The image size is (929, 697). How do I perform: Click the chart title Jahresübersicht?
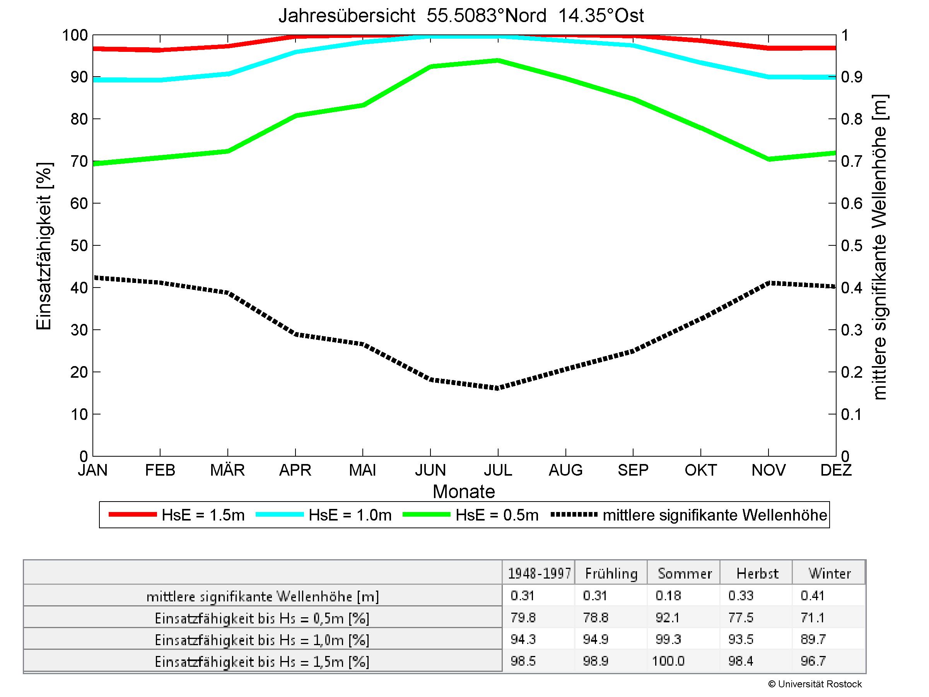tap(461, 16)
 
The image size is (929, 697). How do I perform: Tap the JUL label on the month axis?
tap(498, 470)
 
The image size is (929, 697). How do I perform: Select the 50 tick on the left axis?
tap(79, 245)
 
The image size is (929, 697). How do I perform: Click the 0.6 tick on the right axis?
tap(852, 203)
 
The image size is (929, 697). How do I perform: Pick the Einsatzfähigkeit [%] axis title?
tap(44, 246)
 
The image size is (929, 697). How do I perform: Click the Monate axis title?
tap(464, 491)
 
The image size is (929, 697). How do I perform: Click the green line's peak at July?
tap(498, 60)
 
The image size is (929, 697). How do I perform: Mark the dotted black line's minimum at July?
tap(498, 388)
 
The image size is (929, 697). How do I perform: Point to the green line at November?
tap(768, 159)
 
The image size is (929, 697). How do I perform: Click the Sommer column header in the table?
tap(685, 574)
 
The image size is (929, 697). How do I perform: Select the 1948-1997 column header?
tap(539, 574)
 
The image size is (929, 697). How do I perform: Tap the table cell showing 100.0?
tap(668, 661)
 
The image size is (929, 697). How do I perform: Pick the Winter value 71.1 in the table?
tap(813, 617)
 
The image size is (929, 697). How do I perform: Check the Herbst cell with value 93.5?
tap(741, 639)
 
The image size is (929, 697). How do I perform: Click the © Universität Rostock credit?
tap(815, 684)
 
